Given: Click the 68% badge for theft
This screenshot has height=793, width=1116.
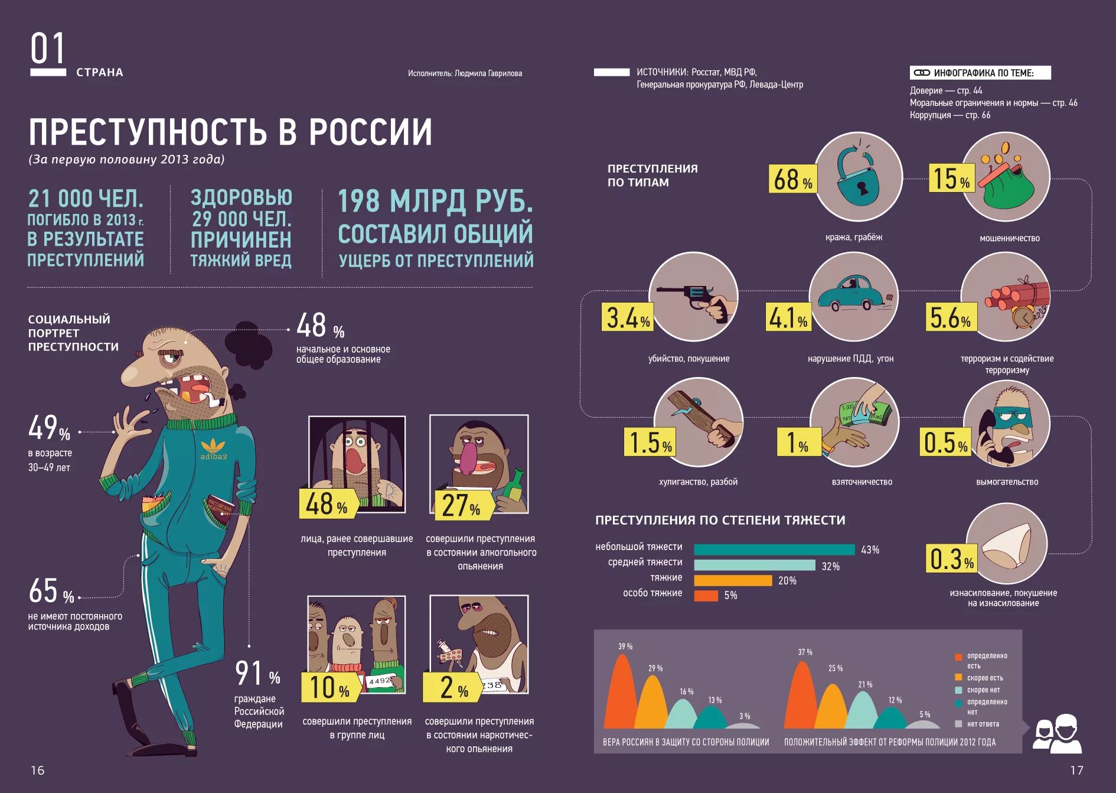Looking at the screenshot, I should click(x=792, y=179).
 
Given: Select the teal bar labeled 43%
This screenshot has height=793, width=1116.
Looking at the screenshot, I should click(x=774, y=550).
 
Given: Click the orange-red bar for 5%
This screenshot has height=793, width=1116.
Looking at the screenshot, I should click(x=706, y=596).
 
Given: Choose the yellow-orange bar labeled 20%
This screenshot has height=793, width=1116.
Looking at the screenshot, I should click(x=733, y=581).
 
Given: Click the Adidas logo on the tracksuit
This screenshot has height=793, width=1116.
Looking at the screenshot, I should click(x=213, y=448).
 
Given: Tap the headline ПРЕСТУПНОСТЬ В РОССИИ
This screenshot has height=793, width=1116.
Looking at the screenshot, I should click(x=230, y=131).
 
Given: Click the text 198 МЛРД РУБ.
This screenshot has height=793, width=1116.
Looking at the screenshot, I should click(x=435, y=201).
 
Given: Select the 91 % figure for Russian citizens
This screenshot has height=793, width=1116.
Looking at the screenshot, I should click(x=257, y=673).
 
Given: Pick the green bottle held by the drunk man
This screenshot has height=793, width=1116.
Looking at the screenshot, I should click(x=515, y=485).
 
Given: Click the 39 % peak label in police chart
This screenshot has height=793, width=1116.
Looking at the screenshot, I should click(x=625, y=646).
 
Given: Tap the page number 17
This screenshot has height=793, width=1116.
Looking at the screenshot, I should click(x=1076, y=771).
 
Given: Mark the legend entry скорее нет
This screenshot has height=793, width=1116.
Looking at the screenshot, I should click(x=983, y=690).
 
